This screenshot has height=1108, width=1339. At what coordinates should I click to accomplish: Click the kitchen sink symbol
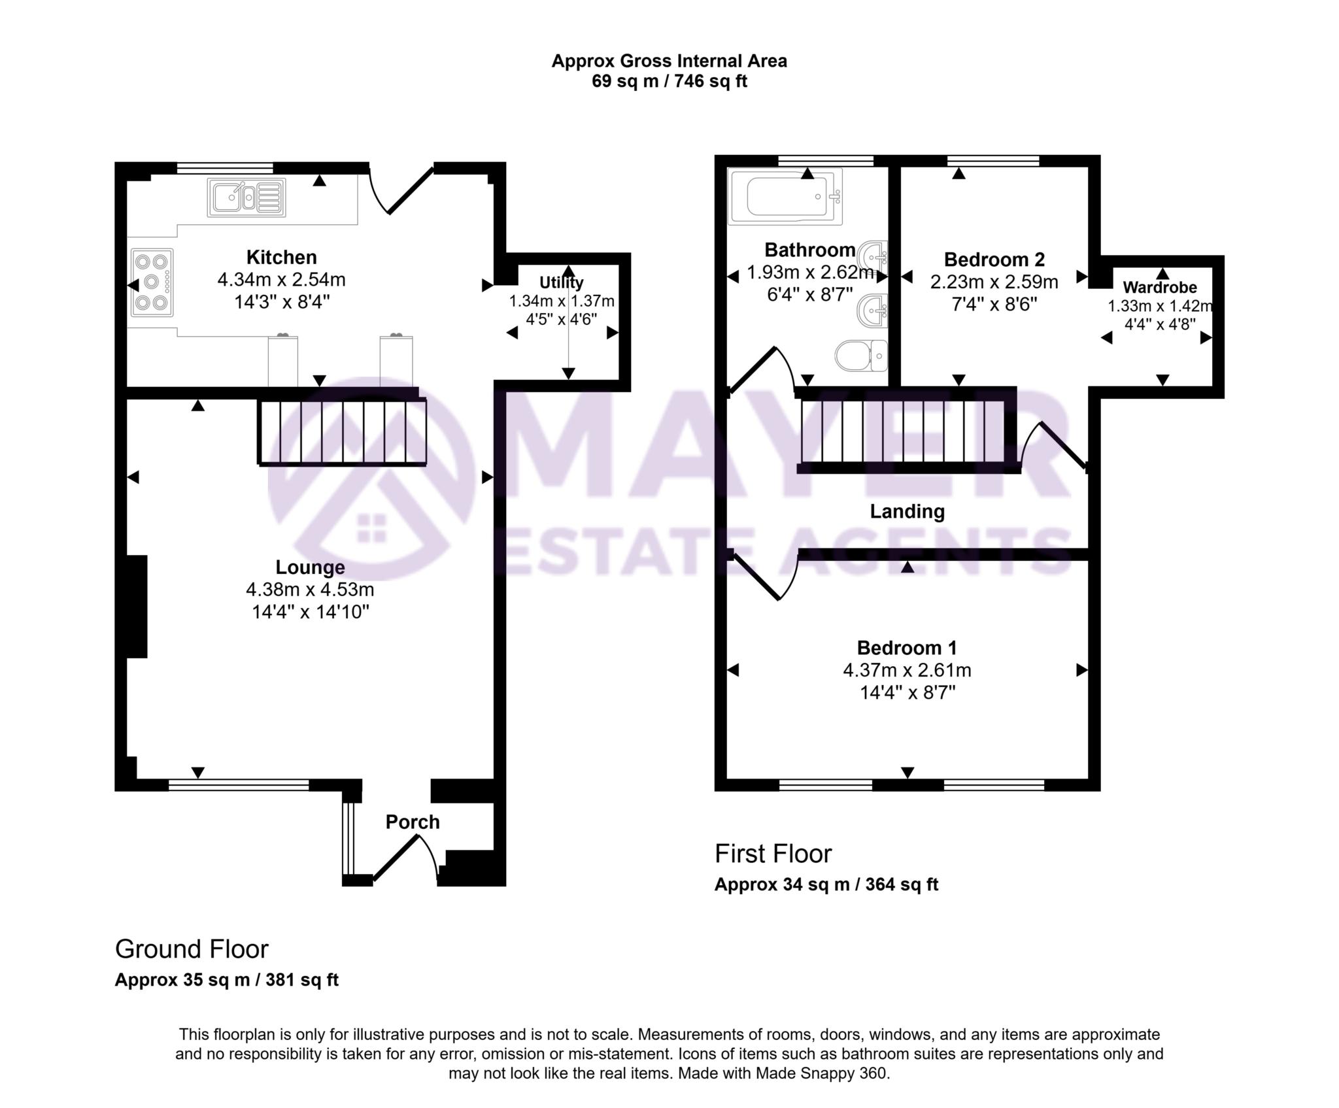click(246, 197)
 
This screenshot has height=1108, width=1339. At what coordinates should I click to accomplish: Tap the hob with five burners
click(152, 282)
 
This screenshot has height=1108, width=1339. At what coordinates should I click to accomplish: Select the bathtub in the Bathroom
click(785, 196)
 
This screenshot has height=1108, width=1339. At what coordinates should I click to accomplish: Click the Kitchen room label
click(281, 257)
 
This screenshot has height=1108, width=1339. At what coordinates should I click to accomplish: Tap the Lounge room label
click(310, 567)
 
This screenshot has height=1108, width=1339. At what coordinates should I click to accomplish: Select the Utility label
click(561, 282)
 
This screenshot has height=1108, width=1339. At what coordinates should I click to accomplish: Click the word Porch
click(412, 822)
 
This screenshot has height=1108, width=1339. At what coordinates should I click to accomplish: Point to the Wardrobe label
click(1160, 287)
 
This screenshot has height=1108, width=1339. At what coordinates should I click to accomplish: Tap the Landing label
click(907, 511)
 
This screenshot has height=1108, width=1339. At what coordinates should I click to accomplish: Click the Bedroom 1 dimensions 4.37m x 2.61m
click(907, 670)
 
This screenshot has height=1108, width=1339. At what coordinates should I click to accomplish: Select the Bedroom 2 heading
click(994, 260)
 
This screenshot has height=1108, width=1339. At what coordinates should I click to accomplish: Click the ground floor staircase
click(343, 432)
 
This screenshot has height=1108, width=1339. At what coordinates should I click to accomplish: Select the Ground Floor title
click(192, 949)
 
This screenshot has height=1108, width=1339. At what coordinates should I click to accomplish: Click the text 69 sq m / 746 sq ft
click(669, 81)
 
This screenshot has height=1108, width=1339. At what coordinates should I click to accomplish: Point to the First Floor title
click(773, 854)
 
